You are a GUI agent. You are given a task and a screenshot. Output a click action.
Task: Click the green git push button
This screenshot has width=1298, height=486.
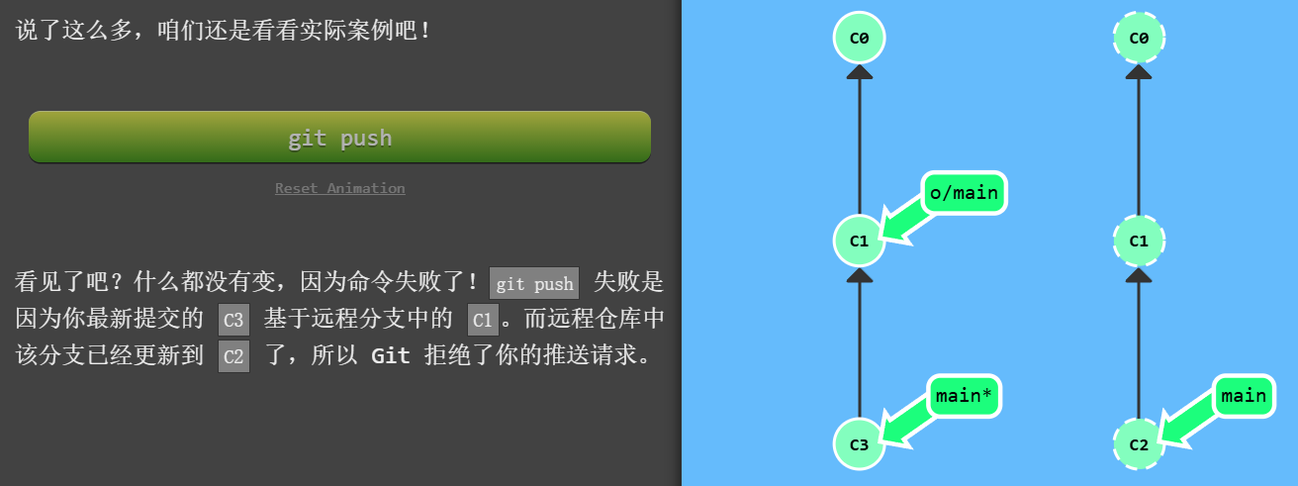point(339,137)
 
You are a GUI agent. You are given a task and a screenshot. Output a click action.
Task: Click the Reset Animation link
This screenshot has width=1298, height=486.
point(339,188)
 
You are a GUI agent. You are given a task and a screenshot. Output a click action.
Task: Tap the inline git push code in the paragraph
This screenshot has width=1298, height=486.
point(534,284)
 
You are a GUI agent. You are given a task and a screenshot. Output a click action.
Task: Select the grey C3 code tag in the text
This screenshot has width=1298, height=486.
point(233,320)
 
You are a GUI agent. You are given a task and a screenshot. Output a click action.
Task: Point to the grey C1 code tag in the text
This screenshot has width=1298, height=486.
point(483,320)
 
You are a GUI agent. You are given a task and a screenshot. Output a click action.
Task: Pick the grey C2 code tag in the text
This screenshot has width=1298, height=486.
point(233,355)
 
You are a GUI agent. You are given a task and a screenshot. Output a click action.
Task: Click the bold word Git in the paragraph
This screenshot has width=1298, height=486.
point(390,355)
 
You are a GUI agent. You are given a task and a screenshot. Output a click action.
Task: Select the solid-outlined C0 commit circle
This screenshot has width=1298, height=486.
point(859,38)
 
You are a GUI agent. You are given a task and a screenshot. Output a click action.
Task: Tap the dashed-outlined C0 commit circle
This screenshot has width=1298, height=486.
point(1139,38)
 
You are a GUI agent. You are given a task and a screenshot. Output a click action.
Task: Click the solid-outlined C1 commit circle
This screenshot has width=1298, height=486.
point(859,241)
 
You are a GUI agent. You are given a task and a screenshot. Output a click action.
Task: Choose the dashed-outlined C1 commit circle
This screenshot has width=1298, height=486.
point(1139,241)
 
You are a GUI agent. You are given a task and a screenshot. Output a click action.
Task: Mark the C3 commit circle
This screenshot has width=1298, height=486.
point(859,443)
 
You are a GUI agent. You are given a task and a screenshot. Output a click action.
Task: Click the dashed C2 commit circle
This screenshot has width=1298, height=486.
point(1139,443)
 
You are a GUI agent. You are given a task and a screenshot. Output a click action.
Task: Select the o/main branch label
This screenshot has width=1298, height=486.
point(964,193)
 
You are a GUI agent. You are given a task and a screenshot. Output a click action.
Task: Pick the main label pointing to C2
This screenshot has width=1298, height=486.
point(1244,396)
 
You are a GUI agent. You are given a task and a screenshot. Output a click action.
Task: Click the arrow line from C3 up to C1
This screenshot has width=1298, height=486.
point(859,346)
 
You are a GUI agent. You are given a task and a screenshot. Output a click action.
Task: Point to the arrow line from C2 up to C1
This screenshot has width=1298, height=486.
point(1139,346)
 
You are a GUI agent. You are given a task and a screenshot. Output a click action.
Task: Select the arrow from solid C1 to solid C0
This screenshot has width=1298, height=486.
point(859,144)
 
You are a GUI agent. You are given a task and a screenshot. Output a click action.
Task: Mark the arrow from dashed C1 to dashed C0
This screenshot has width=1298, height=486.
point(1139,144)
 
